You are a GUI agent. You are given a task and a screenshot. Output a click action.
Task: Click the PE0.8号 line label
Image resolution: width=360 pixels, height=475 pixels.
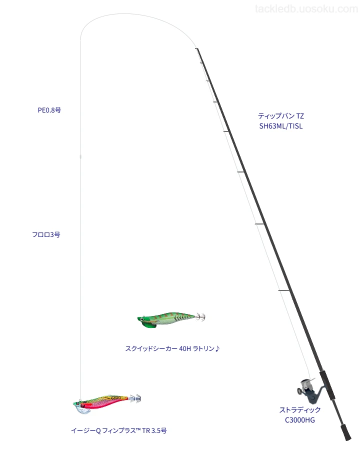[x=49, y=110]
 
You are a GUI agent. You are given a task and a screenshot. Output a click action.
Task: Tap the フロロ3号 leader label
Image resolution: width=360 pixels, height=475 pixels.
[x=46, y=235]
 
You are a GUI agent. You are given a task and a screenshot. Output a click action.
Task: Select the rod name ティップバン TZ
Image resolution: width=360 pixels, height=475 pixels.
[x=281, y=116]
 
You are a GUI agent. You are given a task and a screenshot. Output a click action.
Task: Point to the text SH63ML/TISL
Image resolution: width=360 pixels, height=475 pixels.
[x=281, y=126]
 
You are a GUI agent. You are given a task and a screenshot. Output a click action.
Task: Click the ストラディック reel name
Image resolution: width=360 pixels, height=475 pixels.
[x=300, y=410]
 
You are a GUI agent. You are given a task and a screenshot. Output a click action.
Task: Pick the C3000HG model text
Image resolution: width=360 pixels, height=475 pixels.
[x=300, y=420]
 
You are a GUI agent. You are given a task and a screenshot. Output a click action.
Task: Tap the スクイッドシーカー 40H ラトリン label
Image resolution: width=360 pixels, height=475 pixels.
[x=172, y=348]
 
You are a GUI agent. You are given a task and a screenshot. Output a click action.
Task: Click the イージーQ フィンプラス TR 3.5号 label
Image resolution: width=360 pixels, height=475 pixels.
[x=119, y=431]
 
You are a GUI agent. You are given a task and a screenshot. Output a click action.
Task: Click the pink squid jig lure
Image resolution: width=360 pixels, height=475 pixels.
[x=107, y=403]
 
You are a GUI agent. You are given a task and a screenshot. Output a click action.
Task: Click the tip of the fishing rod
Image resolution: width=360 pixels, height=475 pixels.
[x=196, y=48]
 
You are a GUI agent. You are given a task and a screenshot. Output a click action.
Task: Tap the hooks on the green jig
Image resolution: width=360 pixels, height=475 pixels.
[x=200, y=316]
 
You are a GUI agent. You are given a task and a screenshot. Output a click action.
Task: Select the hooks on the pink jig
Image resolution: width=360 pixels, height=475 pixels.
[x=135, y=398]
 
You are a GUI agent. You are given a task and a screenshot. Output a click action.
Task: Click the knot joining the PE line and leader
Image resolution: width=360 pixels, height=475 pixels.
[x=80, y=156]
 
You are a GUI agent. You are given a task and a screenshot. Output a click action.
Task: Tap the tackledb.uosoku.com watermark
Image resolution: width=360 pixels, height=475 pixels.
[x=306, y=9]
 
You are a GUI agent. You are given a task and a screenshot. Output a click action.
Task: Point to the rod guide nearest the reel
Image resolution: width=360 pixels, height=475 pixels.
[x=284, y=291]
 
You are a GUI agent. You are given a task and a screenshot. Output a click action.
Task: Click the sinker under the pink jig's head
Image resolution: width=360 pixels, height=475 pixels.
[x=82, y=410]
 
